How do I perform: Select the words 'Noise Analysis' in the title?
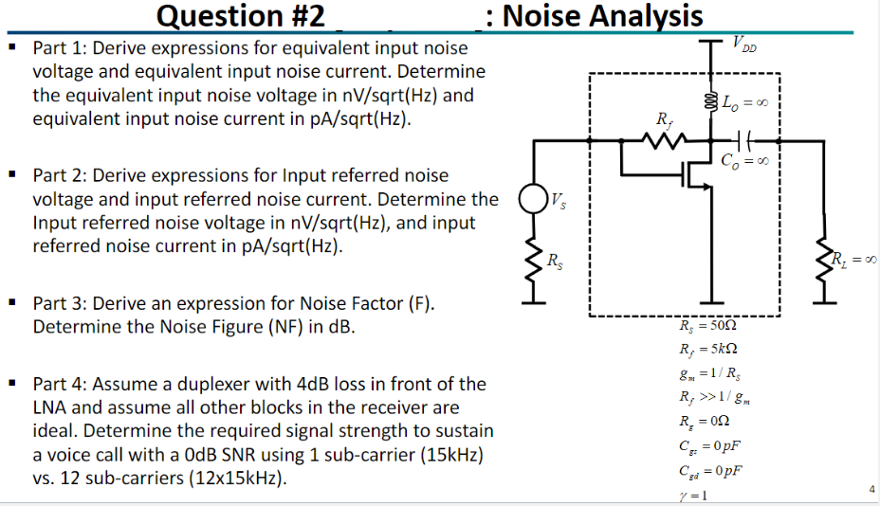[602, 16]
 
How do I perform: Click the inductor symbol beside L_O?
[711, 101]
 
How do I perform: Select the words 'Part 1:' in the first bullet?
[62, 47]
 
